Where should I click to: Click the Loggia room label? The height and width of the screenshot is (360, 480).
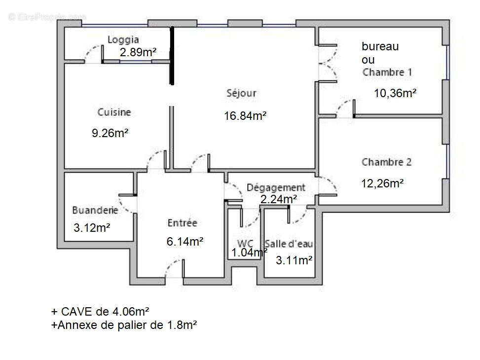point(123,40)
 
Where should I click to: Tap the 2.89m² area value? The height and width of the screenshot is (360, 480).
point(138,52)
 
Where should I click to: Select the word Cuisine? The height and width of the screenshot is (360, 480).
point(114,112)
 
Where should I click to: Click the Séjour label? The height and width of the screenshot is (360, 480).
point(241,93)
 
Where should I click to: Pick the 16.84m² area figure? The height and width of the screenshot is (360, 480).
point(245,116)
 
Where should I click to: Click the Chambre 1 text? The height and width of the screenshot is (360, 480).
point(387,72)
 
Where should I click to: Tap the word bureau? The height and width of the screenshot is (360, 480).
point(380,47)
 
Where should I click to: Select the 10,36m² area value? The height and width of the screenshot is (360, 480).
point(395,93)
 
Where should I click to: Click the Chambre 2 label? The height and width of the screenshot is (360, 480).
point(386,162)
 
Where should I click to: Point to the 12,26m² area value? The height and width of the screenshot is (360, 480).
point(382,183)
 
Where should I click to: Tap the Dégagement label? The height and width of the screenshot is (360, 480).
point(276,187)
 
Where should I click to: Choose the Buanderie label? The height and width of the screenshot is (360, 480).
point(95,210)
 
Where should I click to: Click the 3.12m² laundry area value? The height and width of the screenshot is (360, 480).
point(91,228)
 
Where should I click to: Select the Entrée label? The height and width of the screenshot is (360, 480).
point(182,223)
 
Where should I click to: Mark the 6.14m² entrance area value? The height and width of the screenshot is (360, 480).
point(185,242)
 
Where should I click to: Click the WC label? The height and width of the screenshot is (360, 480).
point(245,243)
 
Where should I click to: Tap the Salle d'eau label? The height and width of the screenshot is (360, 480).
point(289,244)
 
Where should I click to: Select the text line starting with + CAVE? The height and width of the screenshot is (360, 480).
point(100,312)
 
